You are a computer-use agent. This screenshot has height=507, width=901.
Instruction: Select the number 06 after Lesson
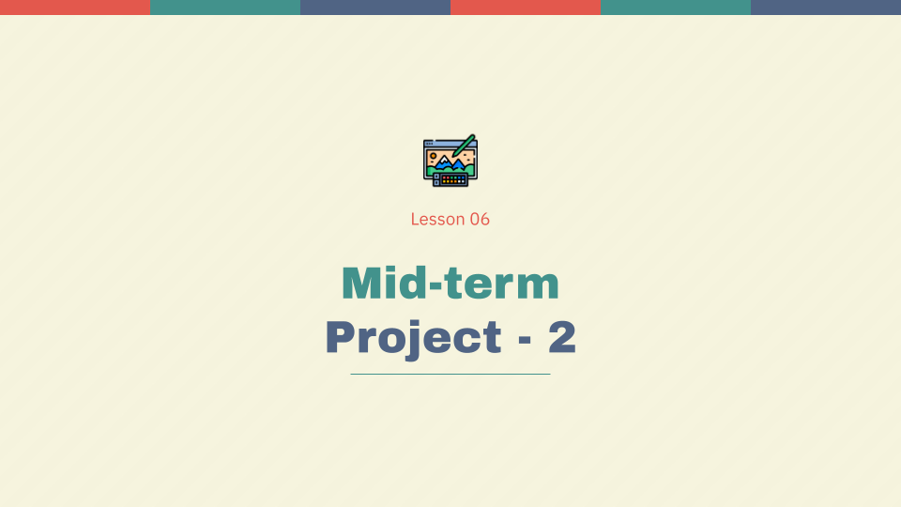(x=480, y=220)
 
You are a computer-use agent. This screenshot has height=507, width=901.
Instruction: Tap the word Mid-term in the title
(x=450, y=283)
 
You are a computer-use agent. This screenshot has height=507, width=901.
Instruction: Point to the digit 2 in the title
(x=562, y=338)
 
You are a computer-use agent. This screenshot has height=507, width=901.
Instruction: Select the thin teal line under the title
(x=450, y=374)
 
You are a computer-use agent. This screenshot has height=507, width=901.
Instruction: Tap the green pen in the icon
(x=464, y=146)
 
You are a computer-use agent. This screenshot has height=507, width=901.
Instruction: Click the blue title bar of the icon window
(x=441, y=142)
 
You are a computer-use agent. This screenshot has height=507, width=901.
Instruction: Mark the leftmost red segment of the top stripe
(x=75, y=8)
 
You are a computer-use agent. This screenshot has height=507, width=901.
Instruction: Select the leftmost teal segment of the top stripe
(x=225, y=8)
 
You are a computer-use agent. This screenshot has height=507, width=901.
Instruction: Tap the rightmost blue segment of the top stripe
(x=826, y=8)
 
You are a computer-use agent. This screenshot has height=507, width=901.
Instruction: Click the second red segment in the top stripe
(x=526, y=8)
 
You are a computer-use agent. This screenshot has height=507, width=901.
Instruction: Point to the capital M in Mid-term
(x=361, y=283)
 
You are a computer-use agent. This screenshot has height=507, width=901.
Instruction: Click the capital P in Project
(x=340, y=338)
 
